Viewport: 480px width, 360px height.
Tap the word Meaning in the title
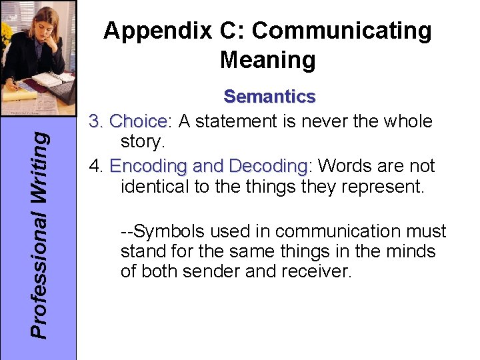click(x=267, y=61)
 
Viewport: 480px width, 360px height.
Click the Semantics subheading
click(x=269, y=97)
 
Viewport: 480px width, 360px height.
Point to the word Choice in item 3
click(x=139, y=121)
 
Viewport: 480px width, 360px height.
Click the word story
click(x=141, y=142)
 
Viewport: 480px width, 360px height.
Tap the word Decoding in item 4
click(x=266, y=166)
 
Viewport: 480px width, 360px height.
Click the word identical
click(x=155, y=187)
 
